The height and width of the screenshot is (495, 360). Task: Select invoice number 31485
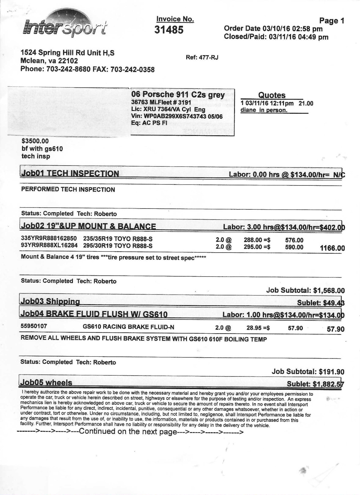[x=169, y=30]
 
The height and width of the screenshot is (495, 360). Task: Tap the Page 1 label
[x=331, y=21]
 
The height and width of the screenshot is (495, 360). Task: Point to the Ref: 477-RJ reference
[x=202, y=57]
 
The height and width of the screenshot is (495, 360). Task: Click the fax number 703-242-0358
[x=133, y=70]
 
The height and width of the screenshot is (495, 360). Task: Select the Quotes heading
[x=272, y=95]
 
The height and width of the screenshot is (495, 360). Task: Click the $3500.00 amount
[x=35, y=141]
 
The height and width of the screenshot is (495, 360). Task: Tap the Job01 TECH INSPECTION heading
[x=70, y=174]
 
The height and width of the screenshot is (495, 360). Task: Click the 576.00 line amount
[x=294, y=240]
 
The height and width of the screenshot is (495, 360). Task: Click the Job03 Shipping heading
[x=50, y=301]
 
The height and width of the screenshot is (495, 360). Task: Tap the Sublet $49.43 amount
[x=333, y=303]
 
